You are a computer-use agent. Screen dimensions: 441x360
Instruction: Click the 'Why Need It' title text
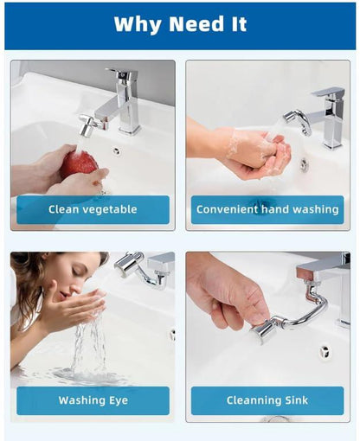coord(180,24)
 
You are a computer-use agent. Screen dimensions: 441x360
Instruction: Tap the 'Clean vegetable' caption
coord(93,209)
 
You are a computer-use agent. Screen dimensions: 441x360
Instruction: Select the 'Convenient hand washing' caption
coord(267,209)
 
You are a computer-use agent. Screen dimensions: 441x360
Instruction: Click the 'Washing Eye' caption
coord(93,400)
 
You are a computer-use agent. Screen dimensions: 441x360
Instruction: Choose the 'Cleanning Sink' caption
coord(267,400)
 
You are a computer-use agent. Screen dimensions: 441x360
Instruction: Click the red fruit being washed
coord(79,163)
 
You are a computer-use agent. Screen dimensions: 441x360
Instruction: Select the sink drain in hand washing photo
coord(304,163)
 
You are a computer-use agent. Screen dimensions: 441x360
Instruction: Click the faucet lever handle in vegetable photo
coord(121,74)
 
